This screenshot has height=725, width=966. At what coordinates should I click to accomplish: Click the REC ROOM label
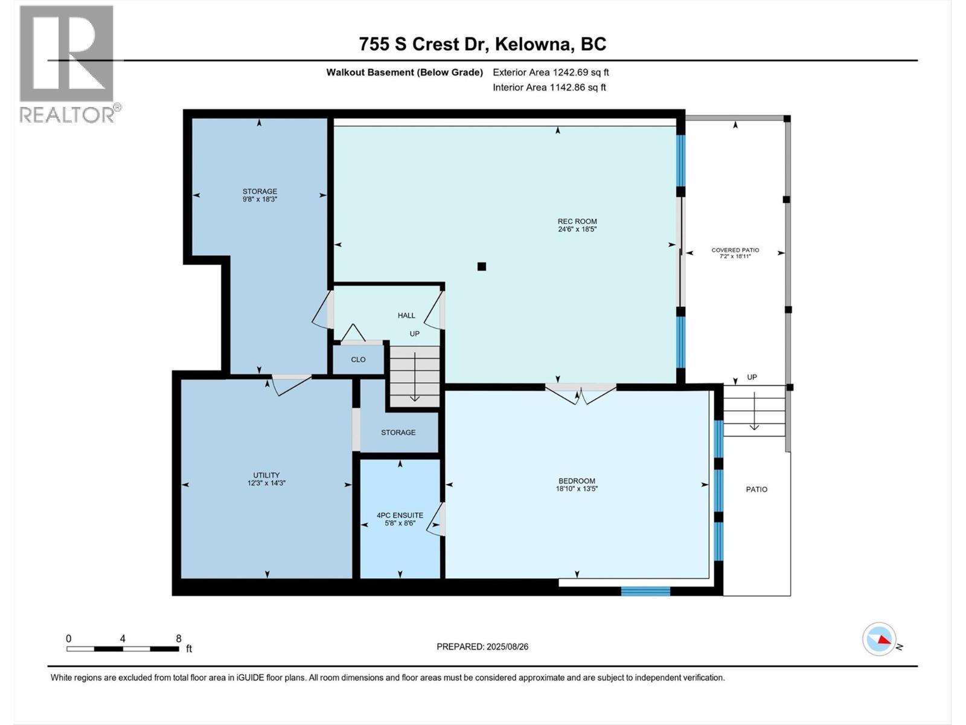tap(577, 221)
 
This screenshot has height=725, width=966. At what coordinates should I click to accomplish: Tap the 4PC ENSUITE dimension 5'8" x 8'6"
tap(400, 523)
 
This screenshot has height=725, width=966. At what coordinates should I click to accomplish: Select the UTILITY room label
tap(266, 475)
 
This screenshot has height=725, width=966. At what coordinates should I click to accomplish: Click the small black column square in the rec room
tap(481, 266)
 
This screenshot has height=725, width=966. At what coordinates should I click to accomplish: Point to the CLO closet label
tap(358, 359)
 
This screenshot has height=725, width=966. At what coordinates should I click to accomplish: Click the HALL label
tap(406, 315)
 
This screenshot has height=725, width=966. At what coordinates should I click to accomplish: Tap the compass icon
tap(879, 639)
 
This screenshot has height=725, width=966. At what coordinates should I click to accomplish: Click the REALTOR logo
tap(68, 63)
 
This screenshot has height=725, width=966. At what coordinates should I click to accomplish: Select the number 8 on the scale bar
tap(178, 639)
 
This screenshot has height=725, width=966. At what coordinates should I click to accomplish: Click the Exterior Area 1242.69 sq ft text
tap(551, 72)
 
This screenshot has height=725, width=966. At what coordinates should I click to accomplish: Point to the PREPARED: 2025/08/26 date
tap(482, 646)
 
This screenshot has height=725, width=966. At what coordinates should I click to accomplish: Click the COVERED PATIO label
tap(735, 250)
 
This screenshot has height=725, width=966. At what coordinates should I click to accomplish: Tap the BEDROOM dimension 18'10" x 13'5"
tap(577, 489)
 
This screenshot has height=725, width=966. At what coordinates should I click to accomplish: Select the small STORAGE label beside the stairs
tap(398, 433)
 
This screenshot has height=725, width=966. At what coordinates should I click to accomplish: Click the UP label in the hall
tap(414, 333)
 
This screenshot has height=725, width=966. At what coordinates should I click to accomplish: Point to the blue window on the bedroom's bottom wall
tap(645, 591)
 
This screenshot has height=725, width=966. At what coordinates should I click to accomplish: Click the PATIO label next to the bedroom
tap(756, 489)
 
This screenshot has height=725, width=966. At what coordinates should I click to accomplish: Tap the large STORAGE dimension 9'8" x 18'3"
tap(260, 199)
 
